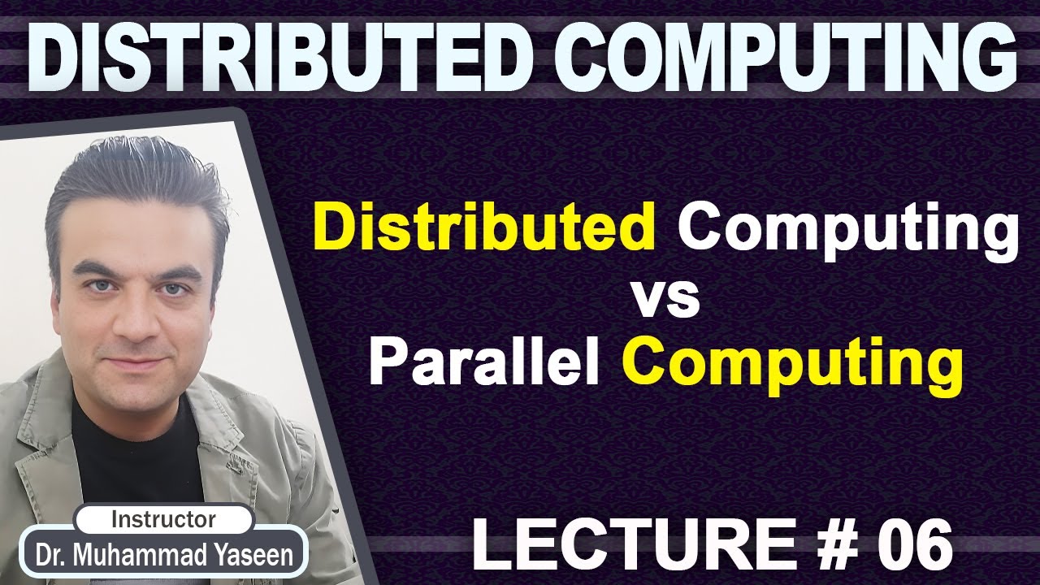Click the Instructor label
tap(163, 518)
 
